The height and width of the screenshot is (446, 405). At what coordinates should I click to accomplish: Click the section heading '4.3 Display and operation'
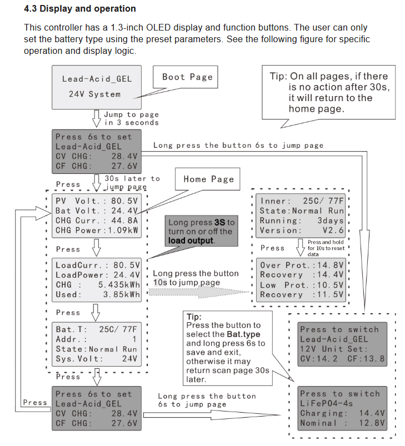point(80,9)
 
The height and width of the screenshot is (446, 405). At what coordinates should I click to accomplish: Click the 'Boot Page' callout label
point(187,77)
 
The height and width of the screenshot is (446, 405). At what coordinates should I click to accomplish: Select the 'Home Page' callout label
point(208,179)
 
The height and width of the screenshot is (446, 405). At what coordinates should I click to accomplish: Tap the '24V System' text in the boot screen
point(94,94)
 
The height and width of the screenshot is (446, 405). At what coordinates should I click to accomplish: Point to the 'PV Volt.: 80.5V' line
point(97,201)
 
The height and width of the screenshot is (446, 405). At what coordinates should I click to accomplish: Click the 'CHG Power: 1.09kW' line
point(97,230)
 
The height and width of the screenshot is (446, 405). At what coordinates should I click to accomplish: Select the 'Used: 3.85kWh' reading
point(98,295)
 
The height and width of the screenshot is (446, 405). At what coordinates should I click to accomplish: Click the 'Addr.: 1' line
point(96,339)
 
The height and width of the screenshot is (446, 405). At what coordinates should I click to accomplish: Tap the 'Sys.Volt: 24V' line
point(96,359)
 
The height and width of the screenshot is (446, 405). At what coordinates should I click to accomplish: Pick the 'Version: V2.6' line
point(302,230)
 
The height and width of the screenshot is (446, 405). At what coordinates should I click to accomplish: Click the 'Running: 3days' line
point(302,221)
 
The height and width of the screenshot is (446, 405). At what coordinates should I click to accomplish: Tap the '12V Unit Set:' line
point(334,349)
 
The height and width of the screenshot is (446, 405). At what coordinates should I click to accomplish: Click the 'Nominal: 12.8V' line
point(342,423)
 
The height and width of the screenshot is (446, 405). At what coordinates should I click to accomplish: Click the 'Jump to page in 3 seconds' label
point(131,118)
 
